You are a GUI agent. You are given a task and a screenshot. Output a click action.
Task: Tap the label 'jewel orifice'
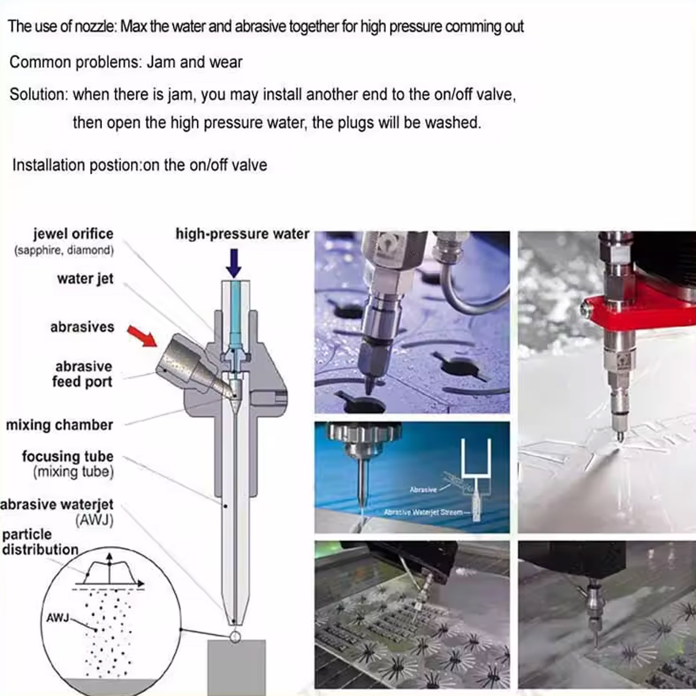point(73,233)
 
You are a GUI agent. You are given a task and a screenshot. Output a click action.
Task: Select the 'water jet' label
point(85,278)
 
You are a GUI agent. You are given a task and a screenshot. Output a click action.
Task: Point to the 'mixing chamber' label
point(59,425)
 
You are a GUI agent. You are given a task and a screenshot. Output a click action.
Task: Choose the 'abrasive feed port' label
point(83,374)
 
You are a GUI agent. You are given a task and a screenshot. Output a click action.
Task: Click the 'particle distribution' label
point(40,541)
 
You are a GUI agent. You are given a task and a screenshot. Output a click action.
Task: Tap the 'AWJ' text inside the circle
point(58,618)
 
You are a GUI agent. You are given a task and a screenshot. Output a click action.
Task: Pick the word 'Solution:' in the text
point(39,94)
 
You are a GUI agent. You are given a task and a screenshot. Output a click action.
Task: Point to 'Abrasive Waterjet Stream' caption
point(423,512)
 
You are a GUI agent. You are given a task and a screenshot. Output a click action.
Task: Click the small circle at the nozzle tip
point(235,637)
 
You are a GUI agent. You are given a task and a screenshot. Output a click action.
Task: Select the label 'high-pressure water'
point(242,233)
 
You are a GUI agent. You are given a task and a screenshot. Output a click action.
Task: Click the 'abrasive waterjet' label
point(57,504)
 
